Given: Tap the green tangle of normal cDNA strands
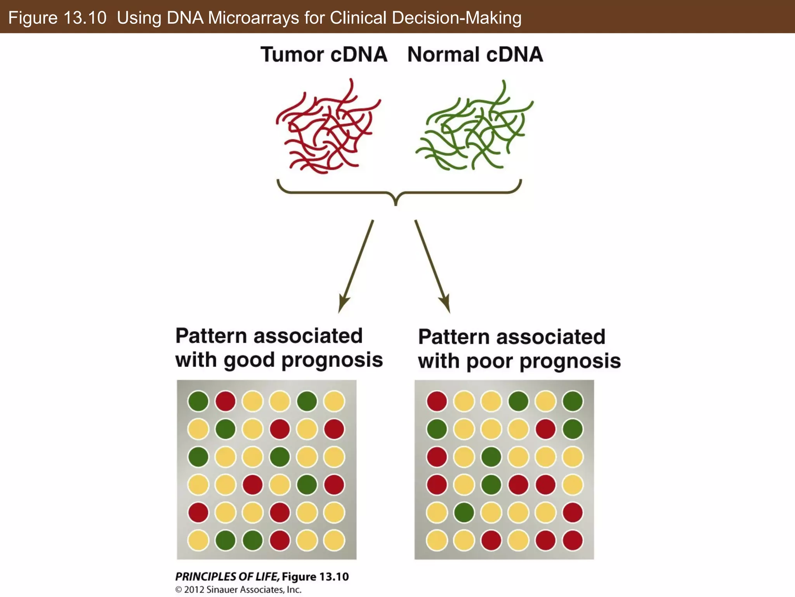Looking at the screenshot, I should (476, 128).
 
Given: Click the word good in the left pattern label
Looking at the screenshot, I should (249, 360).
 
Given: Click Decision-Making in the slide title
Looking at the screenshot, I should (457, 18).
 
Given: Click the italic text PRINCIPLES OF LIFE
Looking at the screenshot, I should (227, 576).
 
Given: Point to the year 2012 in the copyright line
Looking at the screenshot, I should (194, 590).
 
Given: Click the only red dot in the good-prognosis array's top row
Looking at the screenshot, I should (226, 401).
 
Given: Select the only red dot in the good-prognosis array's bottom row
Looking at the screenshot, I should (280, 540).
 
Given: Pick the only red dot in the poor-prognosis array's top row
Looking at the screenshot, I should (437, 401).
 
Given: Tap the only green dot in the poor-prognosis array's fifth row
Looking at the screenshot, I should (464, 512).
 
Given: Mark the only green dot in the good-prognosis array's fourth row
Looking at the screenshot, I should (307, 485).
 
